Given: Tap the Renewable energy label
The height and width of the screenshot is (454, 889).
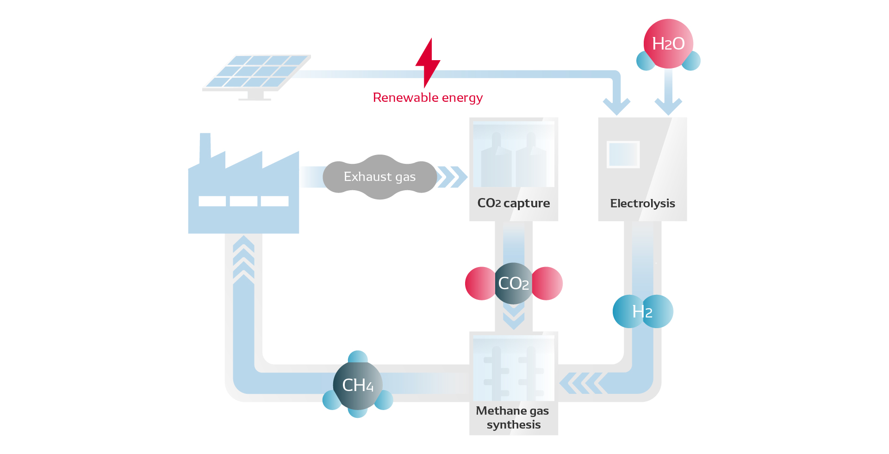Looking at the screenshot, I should click(x=428, y=98).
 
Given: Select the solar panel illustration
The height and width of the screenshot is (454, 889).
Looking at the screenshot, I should click(x=257, y=74).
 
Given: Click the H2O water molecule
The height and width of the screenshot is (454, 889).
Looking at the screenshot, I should click(x=668, y=44).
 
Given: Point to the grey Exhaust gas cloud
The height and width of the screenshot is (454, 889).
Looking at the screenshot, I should click(x=379, y=177).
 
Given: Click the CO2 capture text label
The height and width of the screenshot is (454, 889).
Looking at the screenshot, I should click(x=513, y=203).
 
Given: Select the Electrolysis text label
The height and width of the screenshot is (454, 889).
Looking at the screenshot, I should click(x=642, y=204).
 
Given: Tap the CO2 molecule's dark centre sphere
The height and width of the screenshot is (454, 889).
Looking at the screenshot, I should click(x=513, y=283).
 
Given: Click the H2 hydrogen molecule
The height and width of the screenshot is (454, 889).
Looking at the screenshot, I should click(x=642, y=311).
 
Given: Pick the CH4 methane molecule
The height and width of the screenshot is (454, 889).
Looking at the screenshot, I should click(x=358, y=385).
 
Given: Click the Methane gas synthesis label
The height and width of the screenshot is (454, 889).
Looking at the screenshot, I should click(x=513, y=417).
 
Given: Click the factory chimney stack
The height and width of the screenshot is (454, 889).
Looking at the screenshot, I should click(x=205, y=148).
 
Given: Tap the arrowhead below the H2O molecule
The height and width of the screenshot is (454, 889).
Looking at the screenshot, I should click(x=668, y=106).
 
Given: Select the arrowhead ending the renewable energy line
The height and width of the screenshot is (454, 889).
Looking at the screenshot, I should click(x=616, y=106).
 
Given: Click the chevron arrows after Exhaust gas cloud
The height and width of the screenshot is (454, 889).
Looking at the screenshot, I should click(x=452, y=177).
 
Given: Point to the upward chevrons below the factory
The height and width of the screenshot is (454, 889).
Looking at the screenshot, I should click(x=243, y=259).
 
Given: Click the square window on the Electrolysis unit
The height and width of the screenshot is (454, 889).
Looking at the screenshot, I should click(x=623, y=154).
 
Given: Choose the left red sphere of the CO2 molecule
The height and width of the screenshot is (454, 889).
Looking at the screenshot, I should click(x=480, y=283).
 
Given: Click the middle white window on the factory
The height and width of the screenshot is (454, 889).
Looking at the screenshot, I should click(x=243, y=201).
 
